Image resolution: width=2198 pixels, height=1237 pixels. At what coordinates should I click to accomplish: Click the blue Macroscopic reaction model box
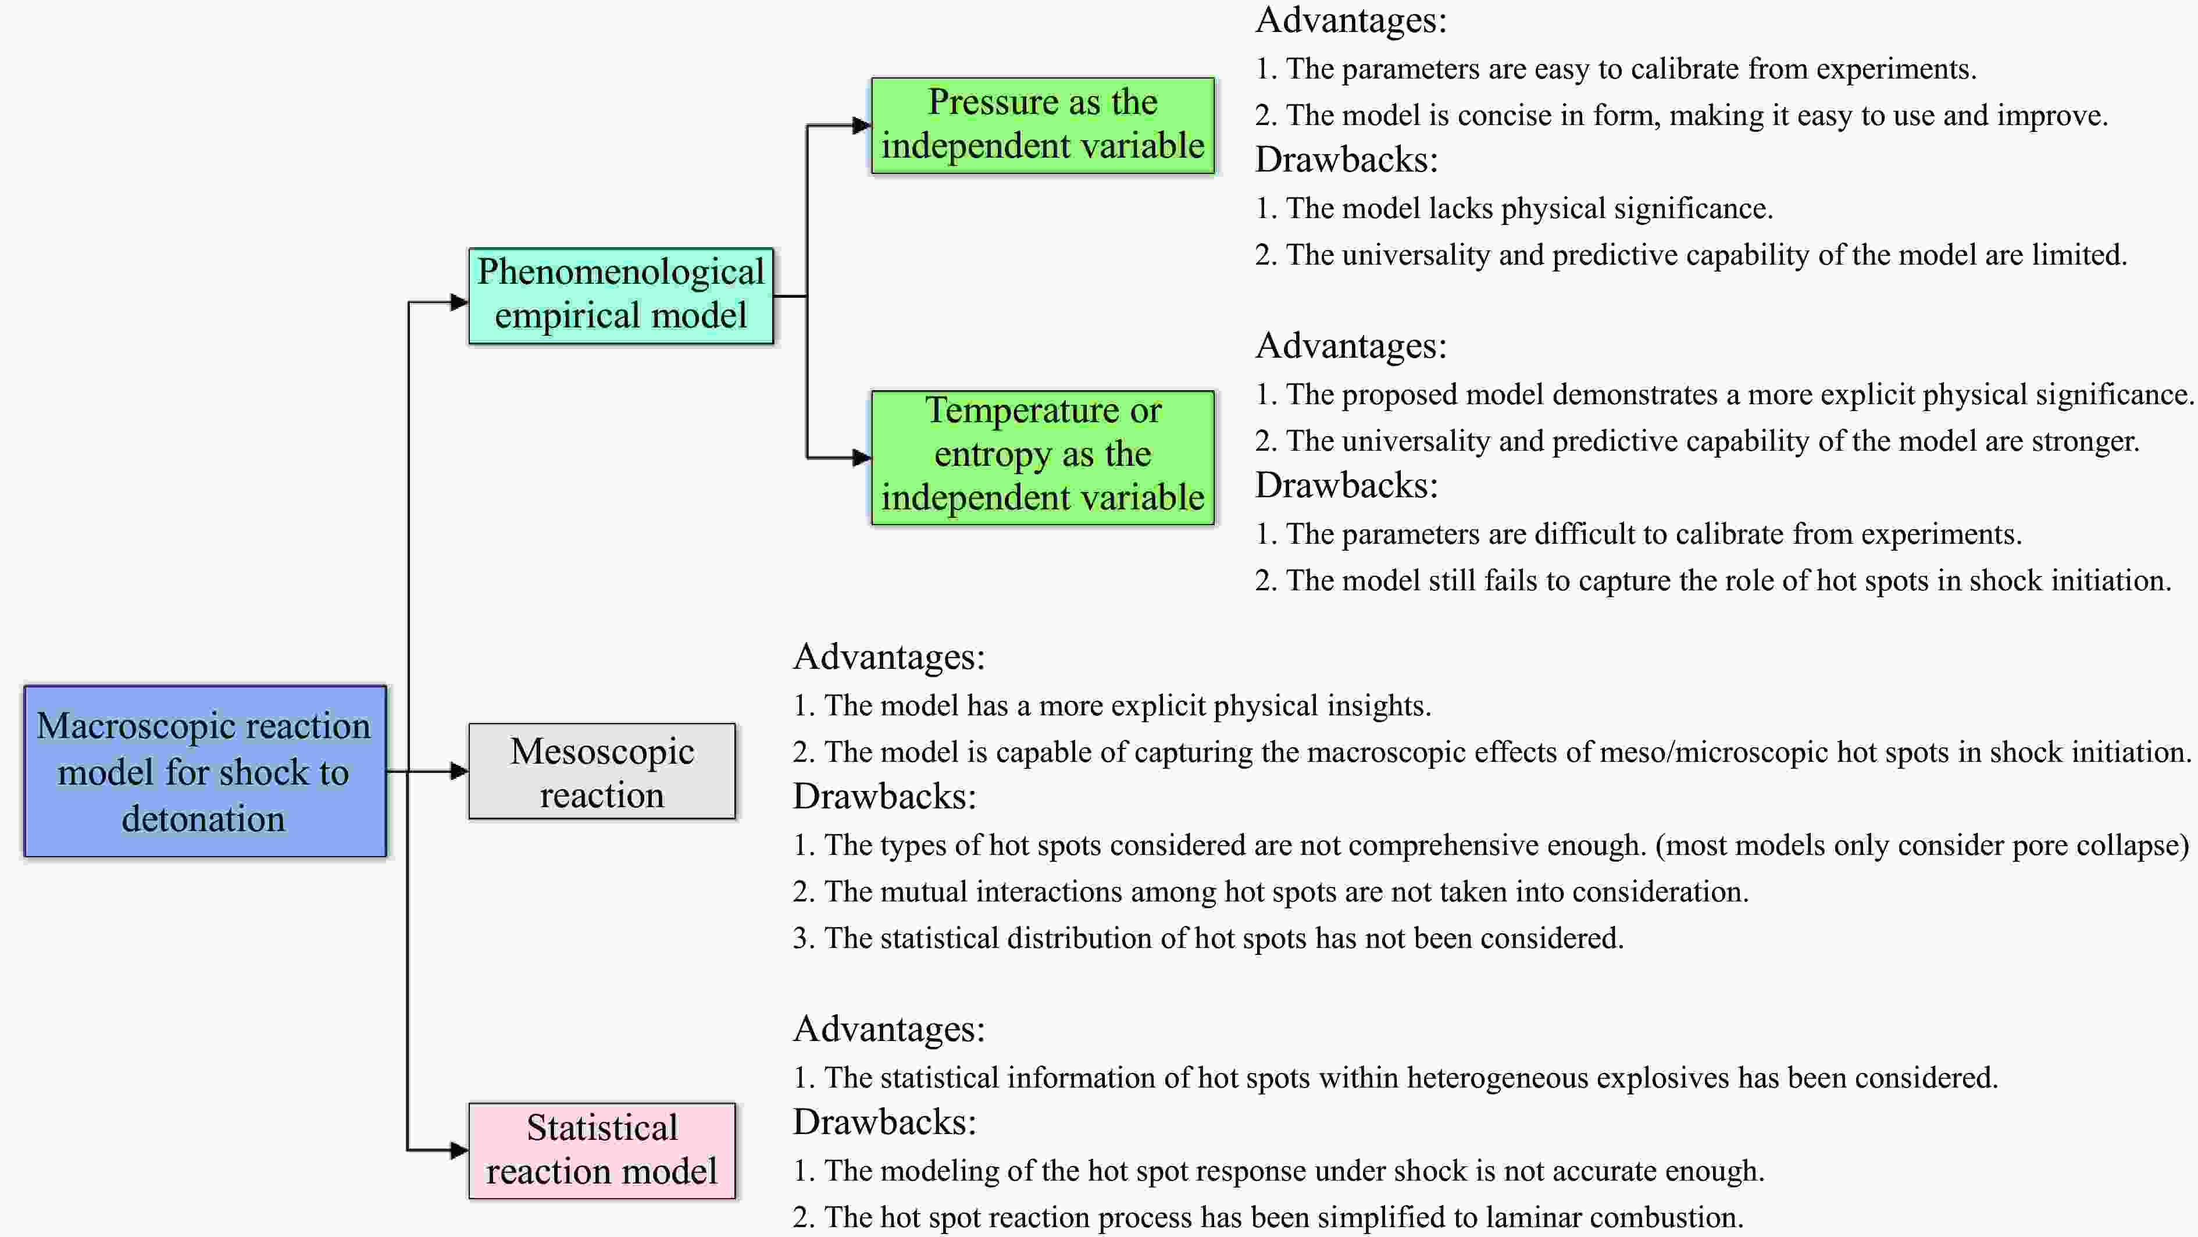point(205,771)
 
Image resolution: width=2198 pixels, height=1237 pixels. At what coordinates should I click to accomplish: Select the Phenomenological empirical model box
point(620,295)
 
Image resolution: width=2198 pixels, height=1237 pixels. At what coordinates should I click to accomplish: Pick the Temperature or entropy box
point(1042,457)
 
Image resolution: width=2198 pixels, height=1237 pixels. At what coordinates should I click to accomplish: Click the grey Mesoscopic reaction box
point(602,771)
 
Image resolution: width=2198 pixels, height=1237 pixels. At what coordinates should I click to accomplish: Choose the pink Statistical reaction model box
point(602,1150)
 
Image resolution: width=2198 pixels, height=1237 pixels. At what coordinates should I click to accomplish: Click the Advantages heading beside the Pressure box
point(1351,20)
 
